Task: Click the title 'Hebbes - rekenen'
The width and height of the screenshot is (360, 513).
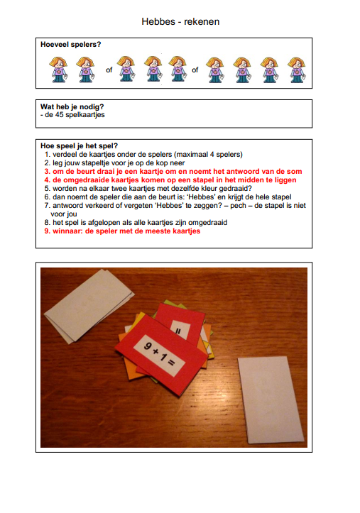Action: [180, 21]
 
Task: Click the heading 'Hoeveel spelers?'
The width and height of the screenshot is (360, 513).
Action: [71, 45]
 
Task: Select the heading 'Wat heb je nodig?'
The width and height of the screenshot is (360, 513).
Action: [72, 106]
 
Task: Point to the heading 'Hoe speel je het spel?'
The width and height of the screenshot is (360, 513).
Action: [79, 146]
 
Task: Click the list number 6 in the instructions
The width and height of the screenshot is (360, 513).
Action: [47, 197]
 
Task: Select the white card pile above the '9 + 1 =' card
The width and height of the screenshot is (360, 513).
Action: [88, 305]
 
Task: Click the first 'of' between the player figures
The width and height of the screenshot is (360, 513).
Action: [109, 70]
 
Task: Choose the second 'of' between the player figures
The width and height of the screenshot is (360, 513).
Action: [195, 70]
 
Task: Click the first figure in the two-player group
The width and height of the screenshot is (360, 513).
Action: [59, 70]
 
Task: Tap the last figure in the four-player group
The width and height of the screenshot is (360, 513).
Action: [297, 70]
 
